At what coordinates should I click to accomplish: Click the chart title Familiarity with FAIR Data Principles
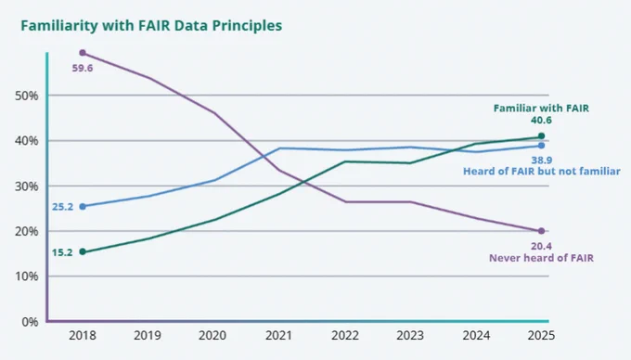151,26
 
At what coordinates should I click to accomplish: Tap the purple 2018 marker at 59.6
83,53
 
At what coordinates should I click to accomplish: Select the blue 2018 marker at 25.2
83,207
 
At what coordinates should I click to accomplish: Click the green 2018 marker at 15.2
83,251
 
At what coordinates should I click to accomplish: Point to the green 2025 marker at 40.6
541,136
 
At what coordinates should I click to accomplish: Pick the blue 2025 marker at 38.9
541,146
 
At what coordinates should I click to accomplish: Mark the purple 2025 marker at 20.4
541,231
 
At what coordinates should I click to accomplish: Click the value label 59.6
83,69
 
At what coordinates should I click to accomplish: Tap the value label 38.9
541,161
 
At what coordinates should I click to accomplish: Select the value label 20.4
541,246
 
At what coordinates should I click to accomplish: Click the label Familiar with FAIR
541,109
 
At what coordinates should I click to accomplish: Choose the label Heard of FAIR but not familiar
542,172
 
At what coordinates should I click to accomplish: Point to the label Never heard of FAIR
541,258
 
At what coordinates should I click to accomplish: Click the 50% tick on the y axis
27,96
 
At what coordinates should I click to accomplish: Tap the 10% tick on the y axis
27,276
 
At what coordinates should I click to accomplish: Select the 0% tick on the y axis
30,322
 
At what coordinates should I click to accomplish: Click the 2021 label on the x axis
278,336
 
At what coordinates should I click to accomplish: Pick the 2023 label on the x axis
410,336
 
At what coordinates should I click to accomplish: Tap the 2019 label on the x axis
148,336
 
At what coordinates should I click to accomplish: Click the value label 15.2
62,252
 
